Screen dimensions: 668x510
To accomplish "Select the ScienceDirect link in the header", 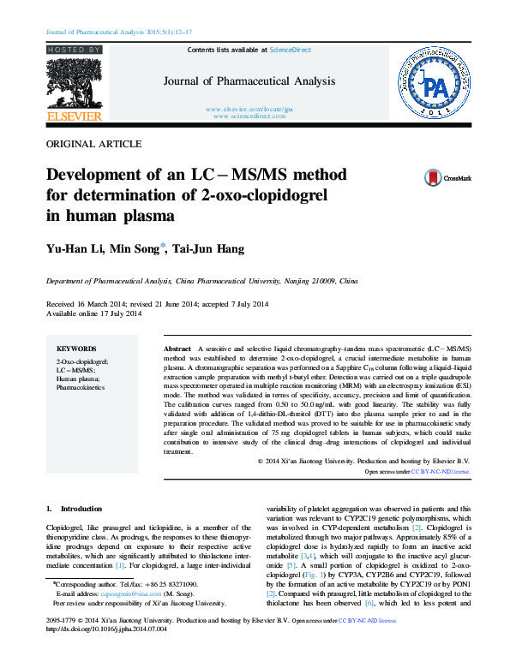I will [x=291, y=51].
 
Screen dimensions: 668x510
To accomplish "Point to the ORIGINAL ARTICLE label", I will [x=93, y=145].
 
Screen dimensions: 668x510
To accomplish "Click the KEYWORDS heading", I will [x=75, y=349].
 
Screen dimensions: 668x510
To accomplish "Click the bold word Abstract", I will [x=177, y=351].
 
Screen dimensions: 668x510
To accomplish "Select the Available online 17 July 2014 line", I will [x=93, y=313].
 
